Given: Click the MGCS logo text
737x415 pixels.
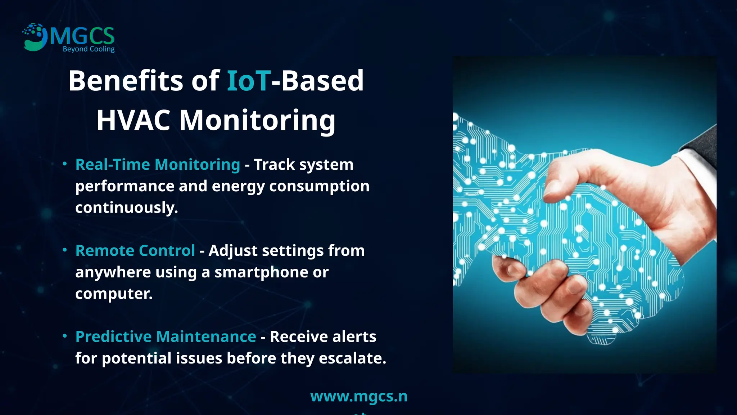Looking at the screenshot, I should pyautogui.click(x=82, y=36).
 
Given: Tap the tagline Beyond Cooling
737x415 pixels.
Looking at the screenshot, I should pyautogui.click(x=89, y=49).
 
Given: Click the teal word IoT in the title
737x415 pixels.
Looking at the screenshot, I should pyautogui.click(x=248, y=80).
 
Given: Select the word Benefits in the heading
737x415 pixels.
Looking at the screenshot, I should pyautogui.click(x=126, y=80).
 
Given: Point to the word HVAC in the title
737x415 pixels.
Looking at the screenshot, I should pyautogui.click(x=133, y=120).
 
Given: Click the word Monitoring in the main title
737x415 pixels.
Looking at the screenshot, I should pyautogui.click(x=257, y=121).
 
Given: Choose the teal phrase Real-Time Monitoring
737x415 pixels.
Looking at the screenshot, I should pyautogui.click(x=158, y=165).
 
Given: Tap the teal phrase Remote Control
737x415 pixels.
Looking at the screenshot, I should pyautogui.click(x=135, y=251).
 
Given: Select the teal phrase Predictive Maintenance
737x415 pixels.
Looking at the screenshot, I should pyautogui.click(x=166, y=337).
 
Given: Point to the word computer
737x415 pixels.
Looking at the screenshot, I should pyautogui.click(x=114, y=294).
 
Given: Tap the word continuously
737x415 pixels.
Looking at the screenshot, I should pyautogui.click(x=126, y=208).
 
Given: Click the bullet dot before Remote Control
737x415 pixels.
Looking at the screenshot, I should pyautogui.click(x=65, y=250).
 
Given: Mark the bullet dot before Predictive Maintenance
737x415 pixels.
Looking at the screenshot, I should pyautogui.click(x=65, y=336).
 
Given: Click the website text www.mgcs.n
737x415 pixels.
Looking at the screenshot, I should pyautogui.click(x=358, y=396).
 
